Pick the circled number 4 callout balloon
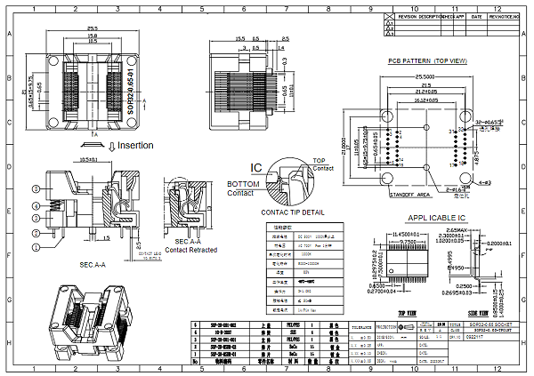(x=36, y=206)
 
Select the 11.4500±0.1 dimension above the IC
(x=406, y=233)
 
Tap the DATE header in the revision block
(x=476, y=17)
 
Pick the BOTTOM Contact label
(x=243, y=187)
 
